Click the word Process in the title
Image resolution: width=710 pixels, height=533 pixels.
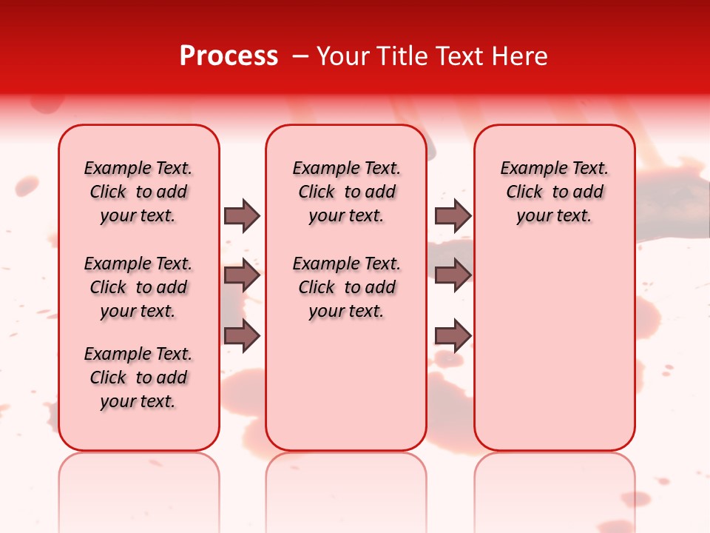click(229, 56)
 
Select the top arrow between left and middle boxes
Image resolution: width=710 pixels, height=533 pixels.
click(242, 215)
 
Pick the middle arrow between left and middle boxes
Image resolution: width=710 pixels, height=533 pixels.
click(242, 276)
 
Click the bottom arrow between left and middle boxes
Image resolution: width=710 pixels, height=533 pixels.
click(242, 336)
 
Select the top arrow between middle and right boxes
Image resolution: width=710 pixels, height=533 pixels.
click(453, 215)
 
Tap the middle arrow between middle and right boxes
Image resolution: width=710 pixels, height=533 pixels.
click(453, 276)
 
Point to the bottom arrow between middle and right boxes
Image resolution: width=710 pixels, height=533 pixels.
click(453, 336)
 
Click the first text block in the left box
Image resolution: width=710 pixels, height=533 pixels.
click(138, 192)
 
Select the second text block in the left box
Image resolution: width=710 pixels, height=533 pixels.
click(138, 287)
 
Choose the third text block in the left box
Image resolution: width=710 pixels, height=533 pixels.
click(138, 378)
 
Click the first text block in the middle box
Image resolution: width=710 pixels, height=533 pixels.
click(346, 192)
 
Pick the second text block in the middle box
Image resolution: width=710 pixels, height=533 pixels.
click(346, 287)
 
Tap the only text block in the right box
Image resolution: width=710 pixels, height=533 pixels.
click(555, 192)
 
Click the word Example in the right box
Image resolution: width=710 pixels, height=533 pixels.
click(528, 169)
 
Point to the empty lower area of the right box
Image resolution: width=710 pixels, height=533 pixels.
click(555, 348)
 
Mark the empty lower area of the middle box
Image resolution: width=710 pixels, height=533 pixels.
click(346, 385)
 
